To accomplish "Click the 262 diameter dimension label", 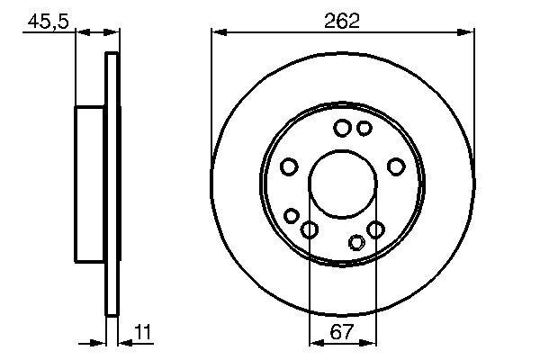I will (342, 21).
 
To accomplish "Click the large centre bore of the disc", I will (342, 184).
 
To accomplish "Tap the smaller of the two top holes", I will (364, 129).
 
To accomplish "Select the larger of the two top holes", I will (342, 129).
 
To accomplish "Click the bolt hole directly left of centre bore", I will (289, 166).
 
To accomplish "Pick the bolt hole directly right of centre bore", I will (395, 166).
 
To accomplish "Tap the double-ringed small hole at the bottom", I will (357, 241).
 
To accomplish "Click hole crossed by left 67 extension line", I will (310, 230).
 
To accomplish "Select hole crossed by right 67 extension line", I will (375, 230).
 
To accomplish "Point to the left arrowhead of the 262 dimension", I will (216, 32).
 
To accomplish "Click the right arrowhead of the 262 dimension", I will (469, 32).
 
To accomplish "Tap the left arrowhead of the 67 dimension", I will (314, 343).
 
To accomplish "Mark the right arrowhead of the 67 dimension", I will (370, 343).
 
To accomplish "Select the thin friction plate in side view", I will (112, 184).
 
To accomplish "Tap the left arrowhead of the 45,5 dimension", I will (80, 32).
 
